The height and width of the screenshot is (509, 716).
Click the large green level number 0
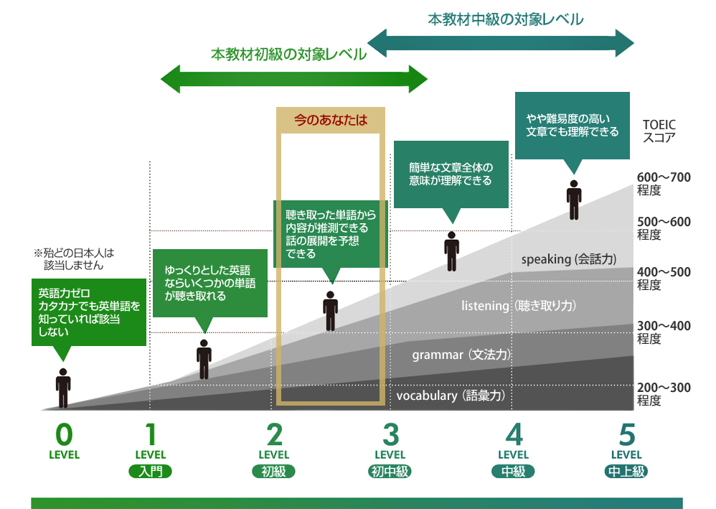(x=64, y=434)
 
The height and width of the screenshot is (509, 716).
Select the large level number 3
(x=390, y=434)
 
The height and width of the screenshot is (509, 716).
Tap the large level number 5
(x=627, y=434)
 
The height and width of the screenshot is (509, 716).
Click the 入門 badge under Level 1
(x=151, y=472)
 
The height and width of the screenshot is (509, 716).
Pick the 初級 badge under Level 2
(x=274, y=472)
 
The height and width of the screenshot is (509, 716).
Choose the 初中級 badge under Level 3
(x=390, y=472)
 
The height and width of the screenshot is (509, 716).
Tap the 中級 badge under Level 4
(x=514, y=472)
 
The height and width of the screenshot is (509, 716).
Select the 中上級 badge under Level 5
(x=626, y=472)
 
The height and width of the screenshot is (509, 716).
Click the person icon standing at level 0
(x=63, y=388)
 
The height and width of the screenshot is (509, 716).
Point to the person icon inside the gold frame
(x=330, y=311)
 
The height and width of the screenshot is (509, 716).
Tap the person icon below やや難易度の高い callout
(x=573, y=200)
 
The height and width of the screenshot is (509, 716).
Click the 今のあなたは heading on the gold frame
(x=331, y=120)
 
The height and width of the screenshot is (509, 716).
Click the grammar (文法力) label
(x=461, y=355)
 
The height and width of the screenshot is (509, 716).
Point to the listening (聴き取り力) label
(x=519, y=306)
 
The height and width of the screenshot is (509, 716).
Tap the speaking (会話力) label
(x=569, y=259)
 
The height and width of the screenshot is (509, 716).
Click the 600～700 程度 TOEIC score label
(x=664, y=185)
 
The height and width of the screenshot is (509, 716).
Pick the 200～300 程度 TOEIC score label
(x=664, y=394)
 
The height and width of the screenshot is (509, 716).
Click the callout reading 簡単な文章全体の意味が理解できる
(x=451, y=174)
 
